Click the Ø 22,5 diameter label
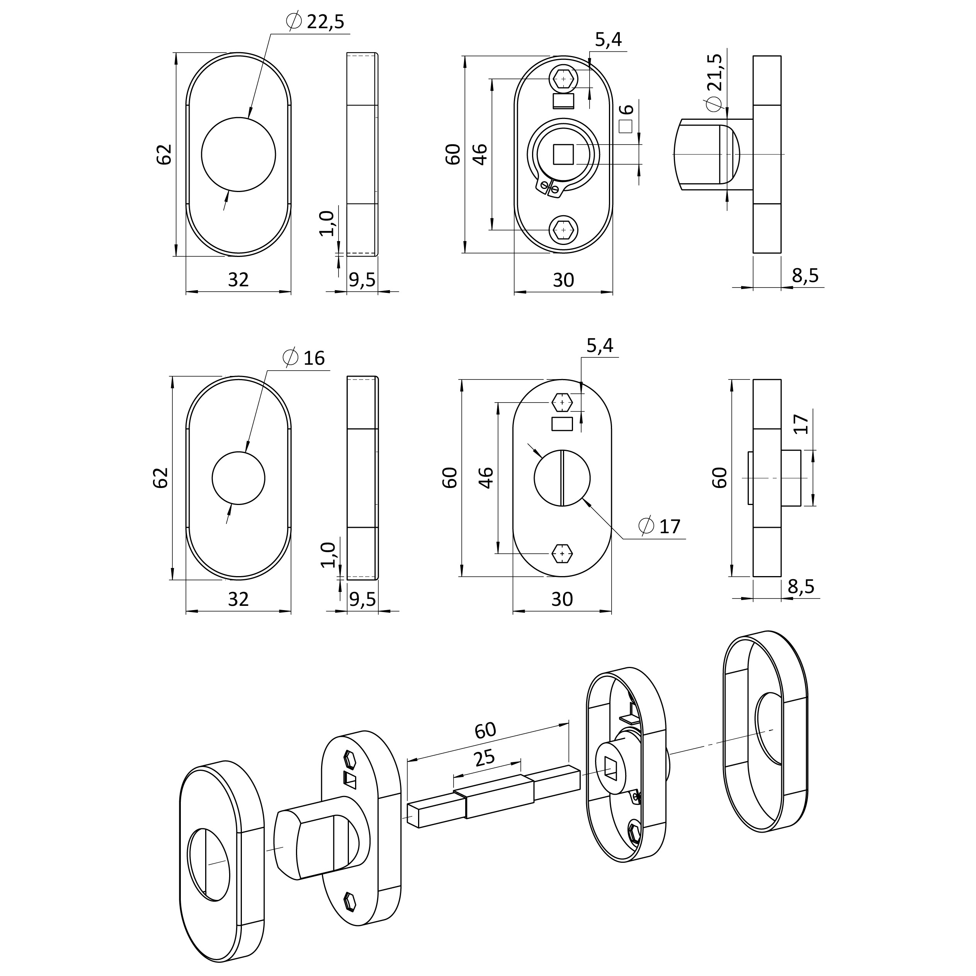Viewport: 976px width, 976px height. [x=315, y=21]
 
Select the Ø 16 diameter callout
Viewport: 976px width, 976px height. [x=304, y=358]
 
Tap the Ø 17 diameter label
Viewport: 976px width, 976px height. [x=660, y=526]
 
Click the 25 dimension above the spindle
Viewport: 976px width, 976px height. [x=484, y=758]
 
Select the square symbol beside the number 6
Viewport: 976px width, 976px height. [x=626, y=127]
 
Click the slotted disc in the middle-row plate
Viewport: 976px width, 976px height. [x=562, y=478]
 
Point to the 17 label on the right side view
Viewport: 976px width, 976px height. [x=801, y=424]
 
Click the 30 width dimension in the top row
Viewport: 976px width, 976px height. [x=563, y=280]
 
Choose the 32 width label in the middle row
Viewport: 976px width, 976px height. [x=238, y=599]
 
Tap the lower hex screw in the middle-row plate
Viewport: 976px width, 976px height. [x=563, y=553]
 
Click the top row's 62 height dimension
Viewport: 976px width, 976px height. [x=164, y=155]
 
